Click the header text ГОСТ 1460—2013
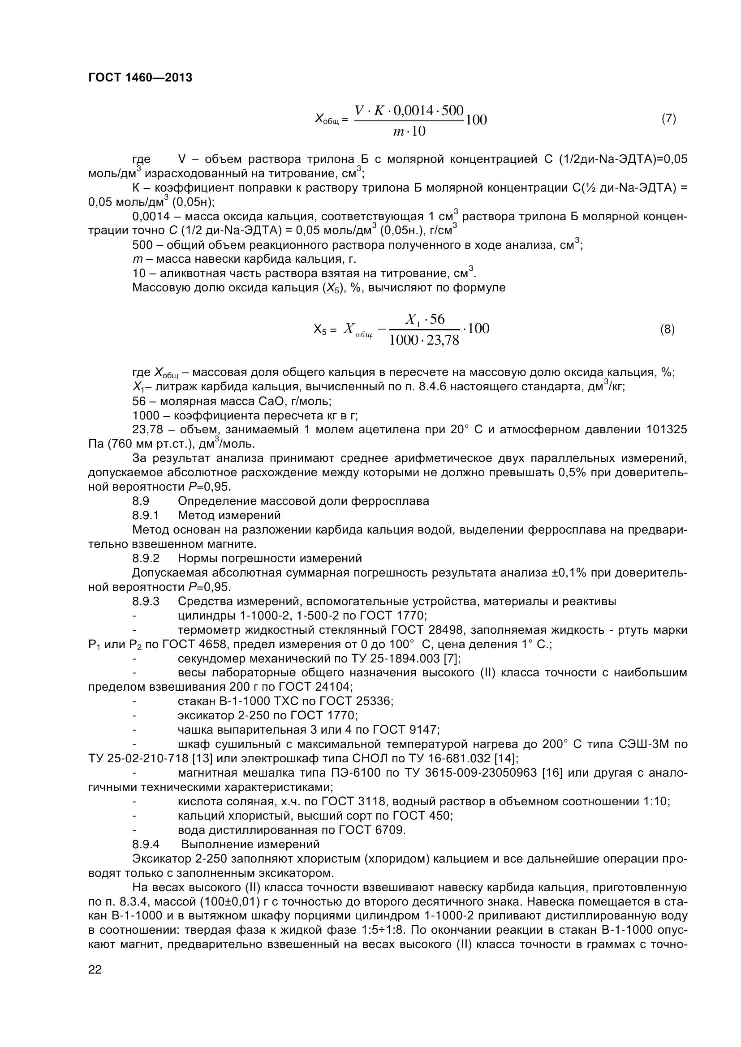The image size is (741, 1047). [140, 78]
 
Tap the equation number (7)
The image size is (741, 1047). [668, 119]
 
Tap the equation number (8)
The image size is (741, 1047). [668, 329]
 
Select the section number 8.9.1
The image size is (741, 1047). [145, 516]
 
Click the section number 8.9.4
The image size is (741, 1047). [145, 844]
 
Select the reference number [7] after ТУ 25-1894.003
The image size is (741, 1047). [452, 659]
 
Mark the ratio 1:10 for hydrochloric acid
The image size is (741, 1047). [656, 802]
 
